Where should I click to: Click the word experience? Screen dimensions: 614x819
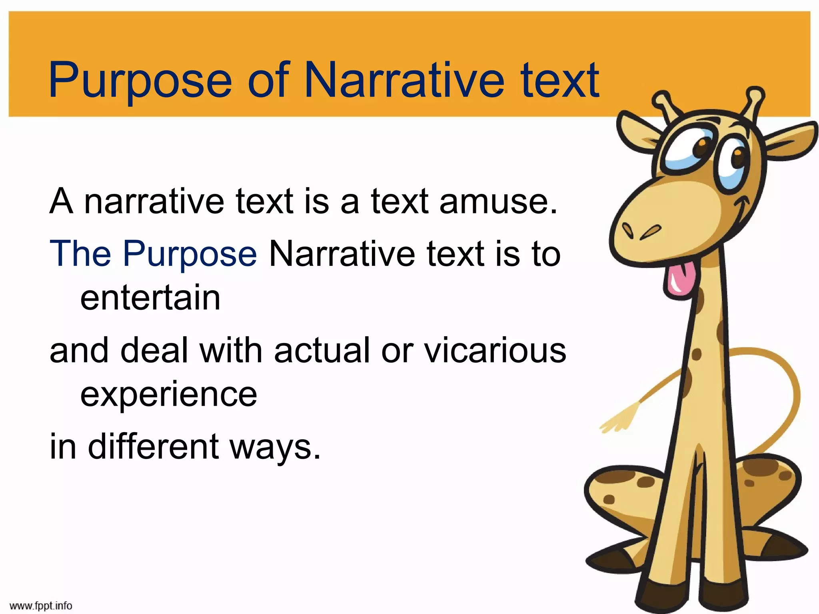pyautogui.click(x=168, y=395)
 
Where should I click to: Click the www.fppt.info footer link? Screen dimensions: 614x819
pyautogui.click(x=41, y=606)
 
